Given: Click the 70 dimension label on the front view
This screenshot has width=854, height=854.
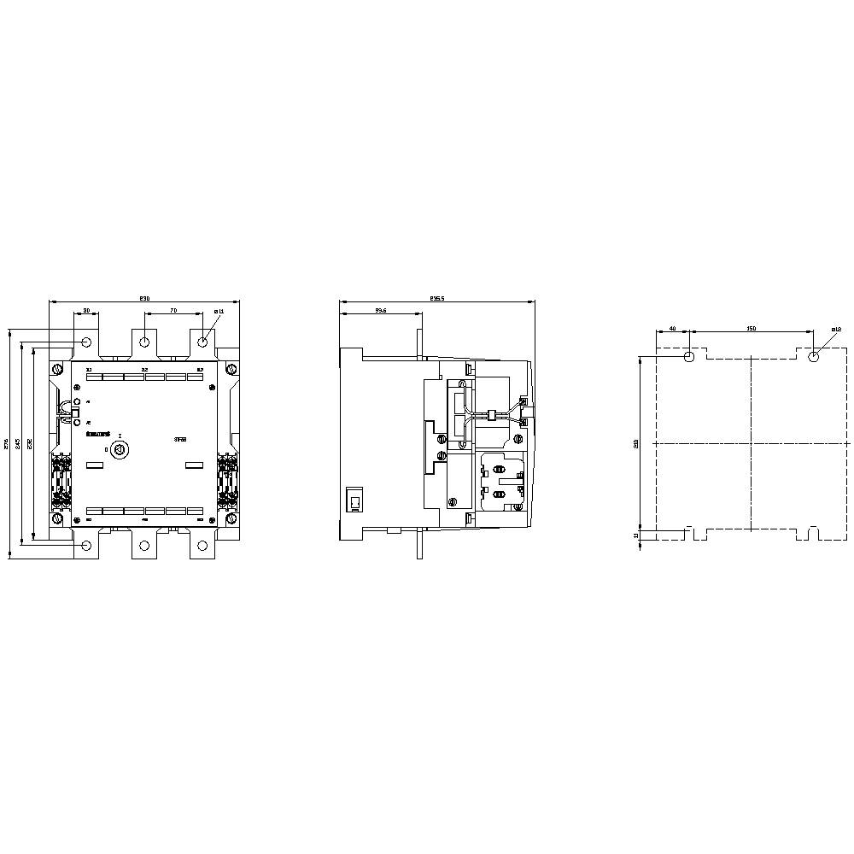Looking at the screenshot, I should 173,311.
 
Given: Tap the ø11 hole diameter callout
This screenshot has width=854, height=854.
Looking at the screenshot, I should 219,311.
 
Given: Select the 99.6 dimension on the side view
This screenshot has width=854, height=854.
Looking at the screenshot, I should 381,311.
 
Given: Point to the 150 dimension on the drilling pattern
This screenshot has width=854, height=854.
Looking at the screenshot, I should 752,328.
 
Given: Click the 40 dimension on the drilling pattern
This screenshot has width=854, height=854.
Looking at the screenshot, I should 672,328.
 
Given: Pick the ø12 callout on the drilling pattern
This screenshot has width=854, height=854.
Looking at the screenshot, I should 836,329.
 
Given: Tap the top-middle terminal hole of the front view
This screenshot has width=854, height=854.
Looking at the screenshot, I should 144,342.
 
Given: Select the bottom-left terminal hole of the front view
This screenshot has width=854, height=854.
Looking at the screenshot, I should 87,546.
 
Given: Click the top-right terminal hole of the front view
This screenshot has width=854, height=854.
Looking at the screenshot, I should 202,342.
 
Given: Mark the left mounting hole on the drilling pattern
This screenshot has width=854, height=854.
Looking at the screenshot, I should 689,356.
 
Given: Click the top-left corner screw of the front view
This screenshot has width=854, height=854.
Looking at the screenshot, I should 57,368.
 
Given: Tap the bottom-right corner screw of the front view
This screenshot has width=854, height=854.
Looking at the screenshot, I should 231,518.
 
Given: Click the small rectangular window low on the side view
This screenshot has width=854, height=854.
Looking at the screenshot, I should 354,500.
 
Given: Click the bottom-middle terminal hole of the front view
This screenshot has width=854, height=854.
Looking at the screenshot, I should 144,546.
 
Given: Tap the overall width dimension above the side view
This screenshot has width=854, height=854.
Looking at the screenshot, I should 436,298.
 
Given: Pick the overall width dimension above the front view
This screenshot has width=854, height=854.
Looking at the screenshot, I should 144,298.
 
